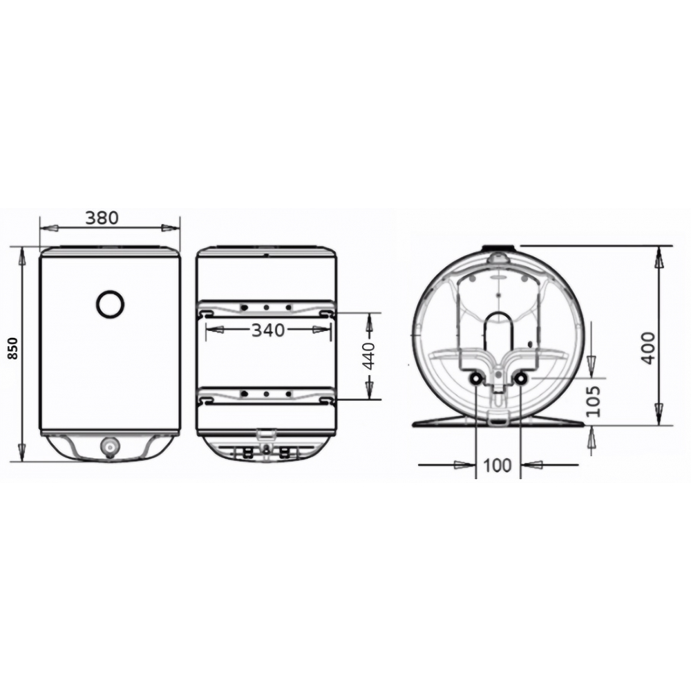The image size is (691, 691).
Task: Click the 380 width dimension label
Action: (x=102, y=217)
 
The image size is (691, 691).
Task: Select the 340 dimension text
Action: (x=267, y=330)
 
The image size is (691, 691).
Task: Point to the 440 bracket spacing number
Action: (x=370, y=356)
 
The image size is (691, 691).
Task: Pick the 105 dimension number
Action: (x=593, y=401)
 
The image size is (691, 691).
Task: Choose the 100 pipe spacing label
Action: (x=498, y=465)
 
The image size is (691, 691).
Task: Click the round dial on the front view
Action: (x=110, y=304)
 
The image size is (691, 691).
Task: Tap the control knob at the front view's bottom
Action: (x=109, y=446)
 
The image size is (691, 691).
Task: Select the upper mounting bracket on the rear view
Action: (x=266, y=308)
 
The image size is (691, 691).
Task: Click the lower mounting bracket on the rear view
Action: (x=266, y=395)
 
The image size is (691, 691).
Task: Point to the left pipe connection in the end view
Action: (x=476, y=379)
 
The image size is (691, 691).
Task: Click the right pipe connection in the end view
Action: (x=520, y=379)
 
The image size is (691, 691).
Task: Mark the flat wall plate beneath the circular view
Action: (x=498, y=423)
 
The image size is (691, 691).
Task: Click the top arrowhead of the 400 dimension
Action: (x=659, y=256)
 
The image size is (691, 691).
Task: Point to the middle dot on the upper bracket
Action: (x=266, y=307)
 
